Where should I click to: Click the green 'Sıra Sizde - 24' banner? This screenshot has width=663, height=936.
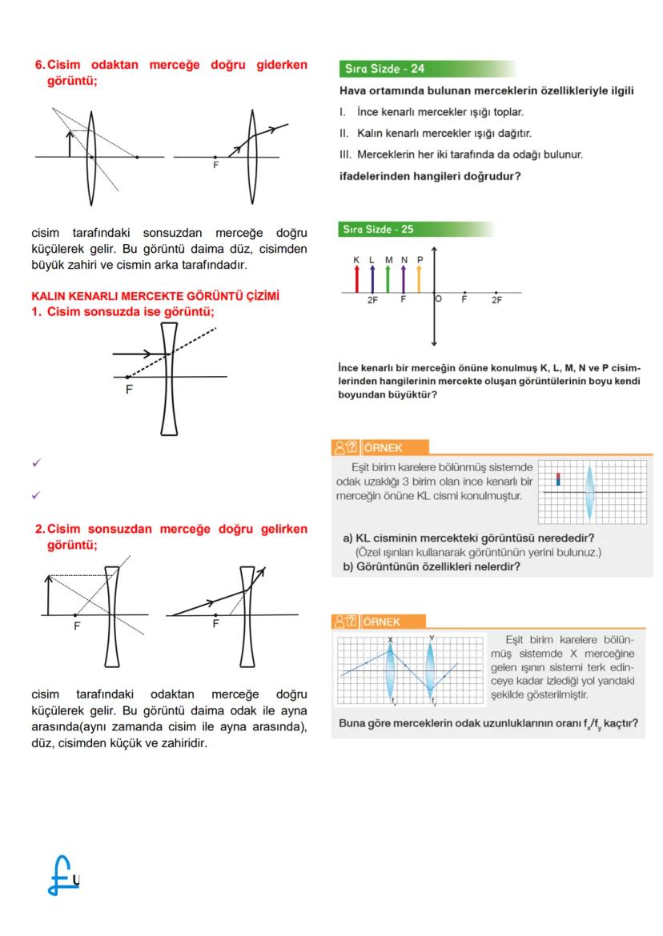(384, 68)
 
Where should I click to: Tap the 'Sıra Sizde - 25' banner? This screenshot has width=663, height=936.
(380, 230)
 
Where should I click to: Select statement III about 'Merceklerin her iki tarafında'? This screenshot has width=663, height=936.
(461, 154)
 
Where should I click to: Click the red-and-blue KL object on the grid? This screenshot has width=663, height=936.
(559, 479)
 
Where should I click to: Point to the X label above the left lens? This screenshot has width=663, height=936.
(391, 639)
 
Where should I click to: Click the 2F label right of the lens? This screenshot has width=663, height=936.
(497, 300)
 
